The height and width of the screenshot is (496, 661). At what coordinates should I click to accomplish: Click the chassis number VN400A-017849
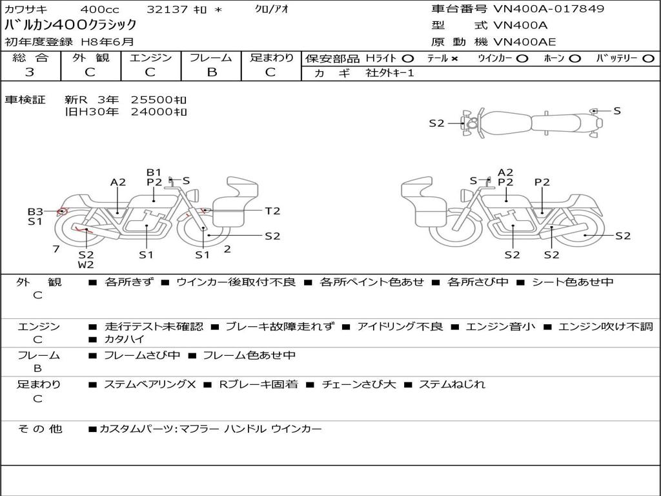(549, 9)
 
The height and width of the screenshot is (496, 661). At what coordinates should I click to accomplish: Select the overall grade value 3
(30, 72)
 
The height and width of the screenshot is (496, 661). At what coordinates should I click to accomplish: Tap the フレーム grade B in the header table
(212, 72)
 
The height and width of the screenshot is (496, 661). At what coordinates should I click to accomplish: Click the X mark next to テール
(454, 59)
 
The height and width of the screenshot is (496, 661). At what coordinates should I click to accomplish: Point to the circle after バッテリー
(648, 59)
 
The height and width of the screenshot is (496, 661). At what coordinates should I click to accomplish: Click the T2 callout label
(272, 211)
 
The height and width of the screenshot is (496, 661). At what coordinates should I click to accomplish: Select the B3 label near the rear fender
(36, 211)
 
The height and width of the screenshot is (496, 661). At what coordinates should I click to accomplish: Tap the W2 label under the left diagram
(86, 264)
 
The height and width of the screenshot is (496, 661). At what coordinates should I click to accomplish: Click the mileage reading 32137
(167, 9)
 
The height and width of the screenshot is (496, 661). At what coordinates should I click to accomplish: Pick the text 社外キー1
(390, 73)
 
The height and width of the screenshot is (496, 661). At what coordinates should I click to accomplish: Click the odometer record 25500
(151, 100)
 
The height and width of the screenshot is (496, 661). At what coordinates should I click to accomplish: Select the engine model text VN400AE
(524, 42)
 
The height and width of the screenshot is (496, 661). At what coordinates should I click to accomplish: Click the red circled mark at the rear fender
(63, 211)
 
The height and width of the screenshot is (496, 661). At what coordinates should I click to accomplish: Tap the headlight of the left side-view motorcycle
(194, 195)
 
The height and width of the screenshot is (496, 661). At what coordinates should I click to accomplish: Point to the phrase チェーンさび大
(359, 384)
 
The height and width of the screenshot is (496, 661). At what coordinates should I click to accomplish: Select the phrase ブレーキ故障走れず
(280, 326)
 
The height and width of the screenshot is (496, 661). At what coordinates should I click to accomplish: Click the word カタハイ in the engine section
(124, 339)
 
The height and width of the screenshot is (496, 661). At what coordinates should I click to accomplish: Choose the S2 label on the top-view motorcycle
(436, 123)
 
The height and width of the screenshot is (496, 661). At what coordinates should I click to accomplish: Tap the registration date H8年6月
(107, 42)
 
